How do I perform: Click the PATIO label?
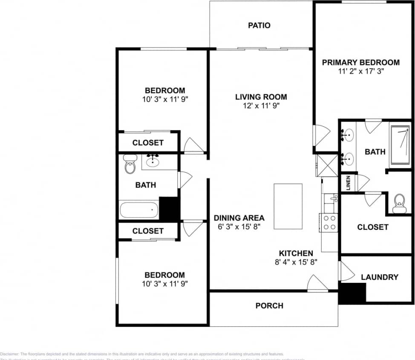(259, 26)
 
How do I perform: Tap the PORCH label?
(269, 306)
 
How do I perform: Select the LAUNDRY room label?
(379, 277)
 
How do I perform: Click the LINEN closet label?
(348, 183)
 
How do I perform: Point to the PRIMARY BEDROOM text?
(360, 63)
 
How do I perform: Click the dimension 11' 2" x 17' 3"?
(360, 72)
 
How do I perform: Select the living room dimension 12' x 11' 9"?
(261, 106)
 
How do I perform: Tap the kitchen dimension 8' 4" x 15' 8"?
(296, 262)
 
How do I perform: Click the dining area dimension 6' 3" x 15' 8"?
(239, 227)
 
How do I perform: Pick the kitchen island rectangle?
(288, 206)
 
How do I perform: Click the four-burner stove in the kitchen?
(329, 223)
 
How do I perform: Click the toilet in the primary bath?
(400, 203)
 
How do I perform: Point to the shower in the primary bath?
(401, 143)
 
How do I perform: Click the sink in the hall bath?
(153, 161)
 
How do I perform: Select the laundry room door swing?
(346, 271)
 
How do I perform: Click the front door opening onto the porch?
(317, 284)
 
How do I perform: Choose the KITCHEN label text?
(296, 253)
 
